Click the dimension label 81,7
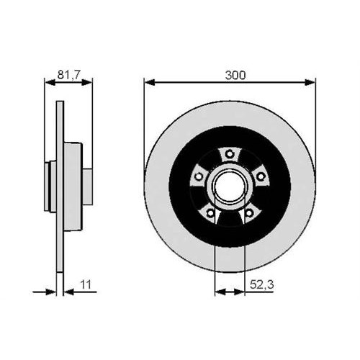tap(68, 75)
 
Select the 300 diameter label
tap(235, 76)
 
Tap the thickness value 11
tap(86, 284)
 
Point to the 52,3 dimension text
tap(261, 285)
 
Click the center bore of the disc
tap(230, 186)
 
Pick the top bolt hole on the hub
tap(230, 153)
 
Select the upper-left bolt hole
tap(199, 176)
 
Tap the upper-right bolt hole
tap(261, 177)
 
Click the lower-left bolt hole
tap(210, 212)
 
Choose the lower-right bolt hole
tap(249, 212)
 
